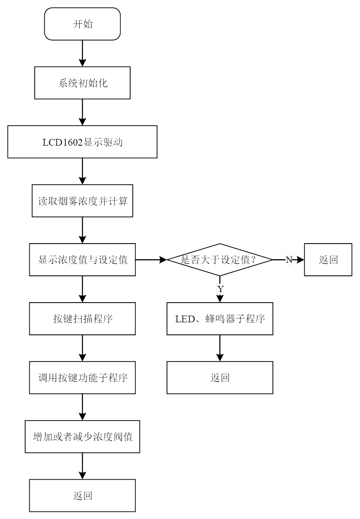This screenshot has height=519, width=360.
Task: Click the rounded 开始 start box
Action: tap(82, 24)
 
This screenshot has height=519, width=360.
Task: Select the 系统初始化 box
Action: tap(82, 83)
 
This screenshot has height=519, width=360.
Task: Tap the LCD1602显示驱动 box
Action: tap(82, 142)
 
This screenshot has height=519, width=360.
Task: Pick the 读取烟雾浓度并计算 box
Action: tap(82, 201)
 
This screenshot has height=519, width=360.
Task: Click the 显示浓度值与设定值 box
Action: tap(82, 259)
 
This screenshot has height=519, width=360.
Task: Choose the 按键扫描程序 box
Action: tap(82, 319)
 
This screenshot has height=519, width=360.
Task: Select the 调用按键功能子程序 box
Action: tap(82, 378)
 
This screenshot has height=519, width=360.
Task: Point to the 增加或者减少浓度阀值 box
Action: tap(82, 437)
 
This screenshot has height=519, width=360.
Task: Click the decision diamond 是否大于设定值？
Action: tap(220, 259)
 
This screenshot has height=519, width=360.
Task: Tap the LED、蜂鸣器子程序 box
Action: tap(220, 319)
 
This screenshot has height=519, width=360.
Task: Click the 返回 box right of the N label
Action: tap(328, 259)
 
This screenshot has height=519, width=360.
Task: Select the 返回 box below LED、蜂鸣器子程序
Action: tap(220, 378)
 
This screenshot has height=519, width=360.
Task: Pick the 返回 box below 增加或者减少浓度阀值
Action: tap(82, 496)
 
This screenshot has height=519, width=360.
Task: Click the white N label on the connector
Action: tap(289, 259)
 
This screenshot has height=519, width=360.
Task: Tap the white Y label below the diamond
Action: tap(220, 289)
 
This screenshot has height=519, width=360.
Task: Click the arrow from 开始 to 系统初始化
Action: tap(82, 53)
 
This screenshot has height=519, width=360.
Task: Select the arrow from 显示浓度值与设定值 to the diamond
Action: tap(151, 259)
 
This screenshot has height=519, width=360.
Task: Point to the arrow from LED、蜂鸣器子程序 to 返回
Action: tap(220, 348)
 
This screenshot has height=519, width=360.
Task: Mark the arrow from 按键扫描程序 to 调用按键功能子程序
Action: tap(82, 348)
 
